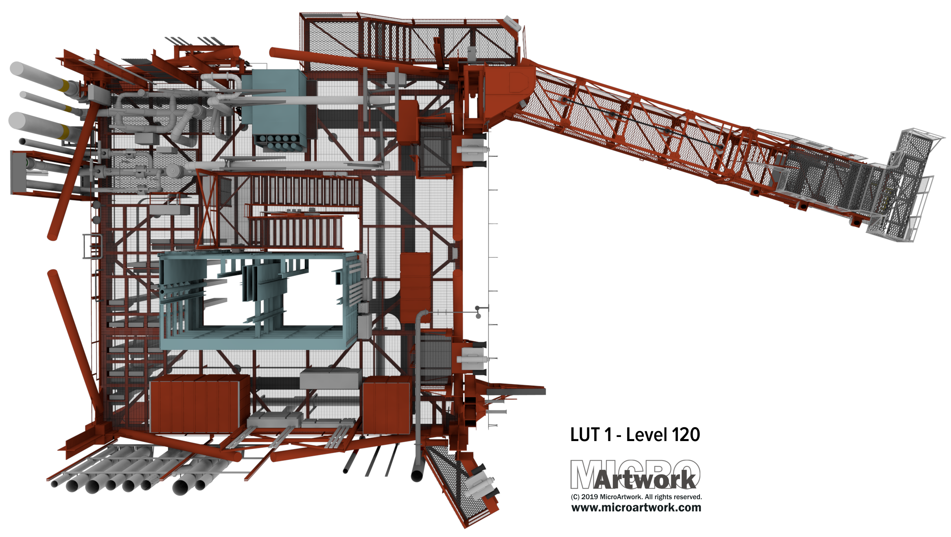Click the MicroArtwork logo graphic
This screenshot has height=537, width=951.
click(635, 475)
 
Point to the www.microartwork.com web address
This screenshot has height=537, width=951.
click(636, 507)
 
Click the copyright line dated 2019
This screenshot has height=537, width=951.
click(636, 497)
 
